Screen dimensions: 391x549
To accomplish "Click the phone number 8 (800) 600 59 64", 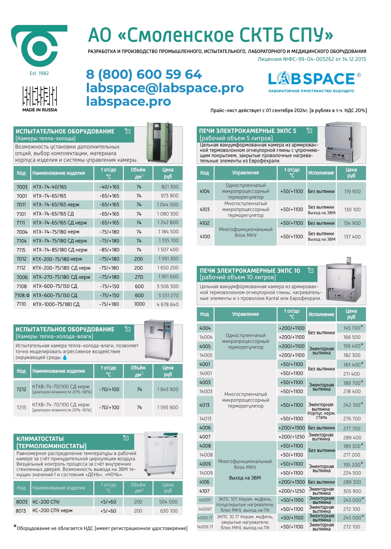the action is tap(144, 74).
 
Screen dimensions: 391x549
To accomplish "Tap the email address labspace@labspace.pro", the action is tap(165, 88).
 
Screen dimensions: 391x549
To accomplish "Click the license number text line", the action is tap(311, 59).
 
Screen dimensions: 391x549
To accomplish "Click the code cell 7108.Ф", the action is tap(22, 295).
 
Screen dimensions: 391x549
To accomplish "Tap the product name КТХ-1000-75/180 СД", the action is tap(56, 304).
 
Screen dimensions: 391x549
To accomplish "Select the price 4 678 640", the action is tap(167, 304).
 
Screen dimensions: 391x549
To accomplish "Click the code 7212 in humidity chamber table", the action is tap(21, 389).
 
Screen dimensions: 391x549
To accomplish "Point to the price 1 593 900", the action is tap(167, 407).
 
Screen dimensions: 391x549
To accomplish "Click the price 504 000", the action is tap(168, 502).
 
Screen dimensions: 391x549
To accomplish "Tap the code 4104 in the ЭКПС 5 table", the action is tap(205, 191).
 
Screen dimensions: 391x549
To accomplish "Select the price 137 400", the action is tap(352, 237).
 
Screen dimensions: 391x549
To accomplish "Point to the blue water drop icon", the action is tap(65, 357).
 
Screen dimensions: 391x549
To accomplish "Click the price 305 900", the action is tap(352, 491).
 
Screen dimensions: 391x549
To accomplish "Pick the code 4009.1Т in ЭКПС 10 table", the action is tap(205, 518).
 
